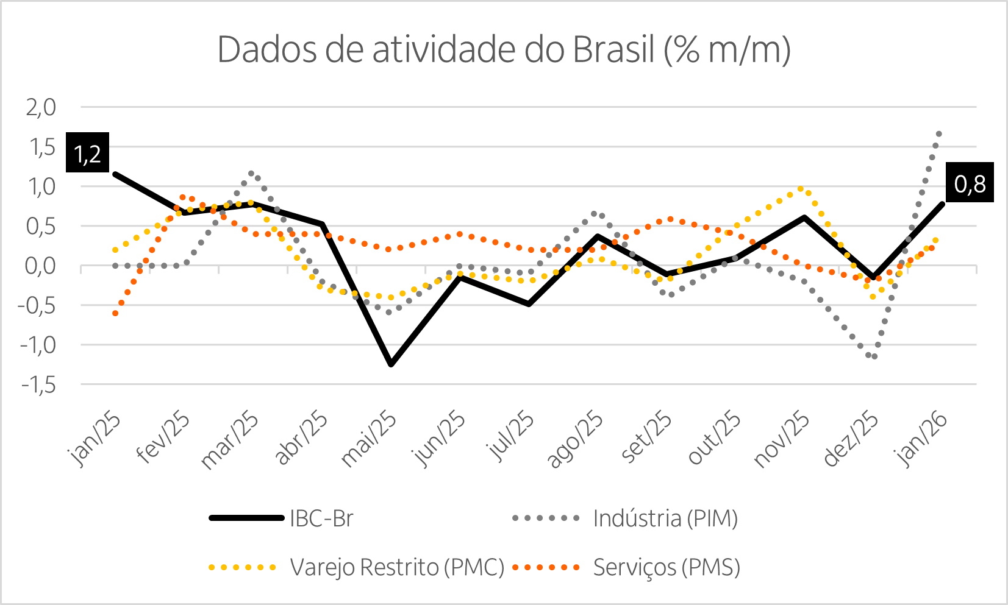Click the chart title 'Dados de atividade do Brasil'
click(504, 49)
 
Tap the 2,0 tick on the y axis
click(41, 108)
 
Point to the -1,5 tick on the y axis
click(38, 385)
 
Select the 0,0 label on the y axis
click(41, 266)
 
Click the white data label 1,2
click(87, 155)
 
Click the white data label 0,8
click(970, 184)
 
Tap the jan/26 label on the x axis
click(921, 439)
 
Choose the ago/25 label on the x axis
click(575, 439)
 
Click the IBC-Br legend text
click(321, 518)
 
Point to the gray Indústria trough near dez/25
click(874, 356)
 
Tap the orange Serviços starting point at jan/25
click(115, 313)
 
